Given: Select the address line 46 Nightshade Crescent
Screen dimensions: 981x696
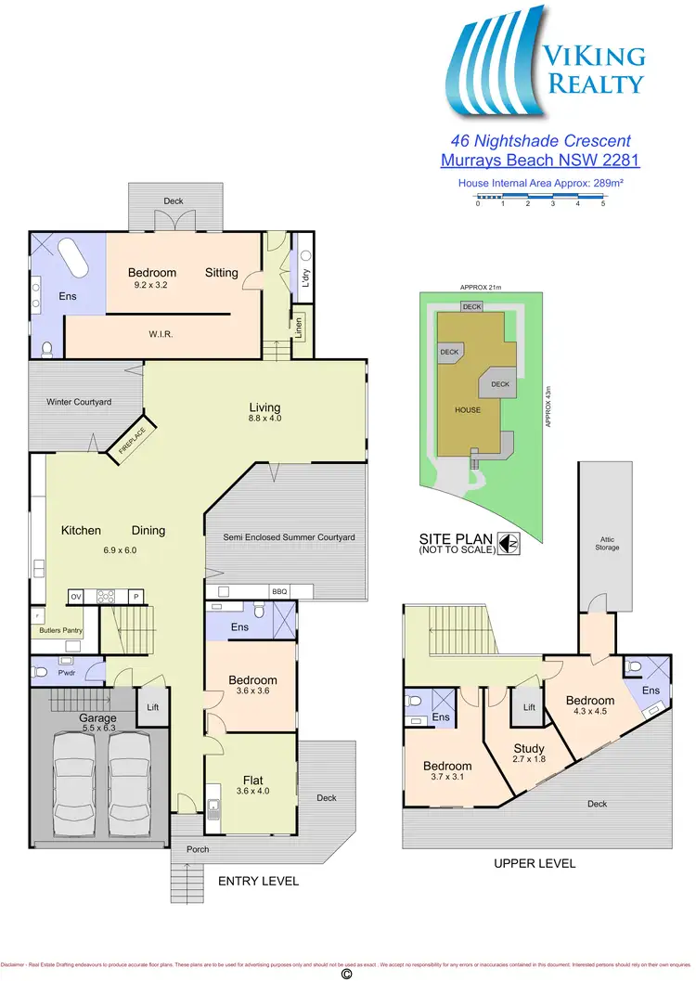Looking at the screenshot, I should pyautogui.click(x=540, y=141).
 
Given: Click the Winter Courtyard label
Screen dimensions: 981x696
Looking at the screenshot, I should pyautogui.click(x=79, y=402).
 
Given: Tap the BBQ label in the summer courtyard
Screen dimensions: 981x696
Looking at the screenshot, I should pyautogui.click(x=279, y=591).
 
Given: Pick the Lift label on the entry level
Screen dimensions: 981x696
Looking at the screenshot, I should pyautogui.click(x=153, y=707).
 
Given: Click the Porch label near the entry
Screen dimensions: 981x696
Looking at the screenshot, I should pyautogui.click(x=197, y=849).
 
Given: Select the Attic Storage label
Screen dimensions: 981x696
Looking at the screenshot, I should pyautogui.click(x=608, y=541).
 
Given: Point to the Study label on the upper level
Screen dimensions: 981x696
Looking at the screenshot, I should pyautogui.click(x=529, y=748).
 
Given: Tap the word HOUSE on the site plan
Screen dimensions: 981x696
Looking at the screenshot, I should pyautogui.click(x=468, y=409).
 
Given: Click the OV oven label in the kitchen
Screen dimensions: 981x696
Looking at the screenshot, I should pyautogui.click(x=76, y=597).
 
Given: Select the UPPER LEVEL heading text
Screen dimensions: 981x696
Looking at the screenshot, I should pyautogui.click(x=534, y=863).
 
